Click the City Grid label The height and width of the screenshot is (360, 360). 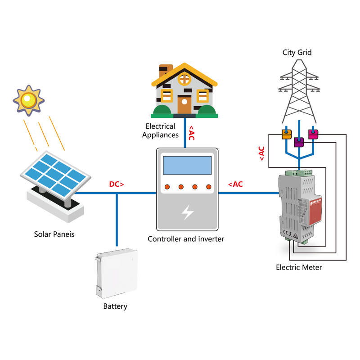[x=297, y=53]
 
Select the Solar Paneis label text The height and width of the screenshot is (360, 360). [x=54, y=234]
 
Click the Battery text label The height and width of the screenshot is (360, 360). [x=115, y=306]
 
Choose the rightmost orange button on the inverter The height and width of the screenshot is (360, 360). [x=208, y=186]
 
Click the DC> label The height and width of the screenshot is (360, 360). [x=117, y=184]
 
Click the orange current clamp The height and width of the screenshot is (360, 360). [x=286, y=134]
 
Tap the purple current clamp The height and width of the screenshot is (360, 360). [x=299, y=142]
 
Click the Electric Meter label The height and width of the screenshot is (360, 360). [x=299, y=267]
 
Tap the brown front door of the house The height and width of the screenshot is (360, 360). [x=184, y=104]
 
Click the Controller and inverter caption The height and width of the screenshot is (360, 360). [x=185, y=239]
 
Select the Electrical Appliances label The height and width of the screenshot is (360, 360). [x=160, y=130]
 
